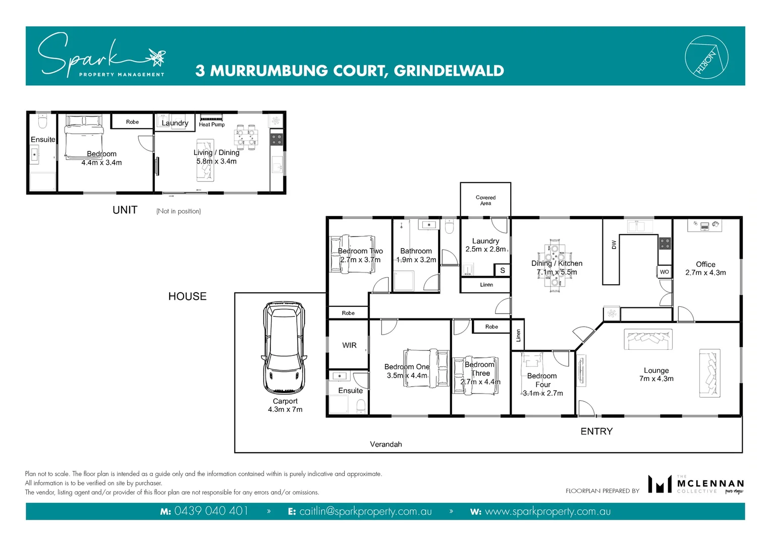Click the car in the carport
coord(284,348)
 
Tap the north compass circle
coord(706,57)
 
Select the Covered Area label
coord(485,200)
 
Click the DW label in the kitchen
coord(614,245)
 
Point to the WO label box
coord(664,272)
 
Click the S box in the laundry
coord(502,270)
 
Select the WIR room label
coord(349,345)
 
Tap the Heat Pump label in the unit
coord(211,125)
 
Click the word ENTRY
coord(596,431)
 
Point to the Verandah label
coord(386,444)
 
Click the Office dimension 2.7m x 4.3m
coord(705,272)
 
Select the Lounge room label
coord(656,370)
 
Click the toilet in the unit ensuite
coord(42,122)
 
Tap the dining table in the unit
coord(246,137)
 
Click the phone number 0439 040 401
coord(211,511)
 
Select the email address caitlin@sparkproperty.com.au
coord(365,511)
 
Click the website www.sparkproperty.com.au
coord(547,511)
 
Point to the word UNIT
coord(125,210)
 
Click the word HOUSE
coord(187,296)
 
